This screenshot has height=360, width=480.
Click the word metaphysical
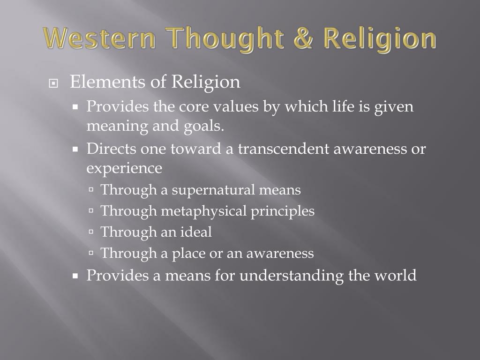coord(203,211)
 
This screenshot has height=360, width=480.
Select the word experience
coord(124,168)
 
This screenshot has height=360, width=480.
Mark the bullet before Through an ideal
coord(91,232)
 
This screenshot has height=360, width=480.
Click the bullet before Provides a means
coord(75,276)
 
